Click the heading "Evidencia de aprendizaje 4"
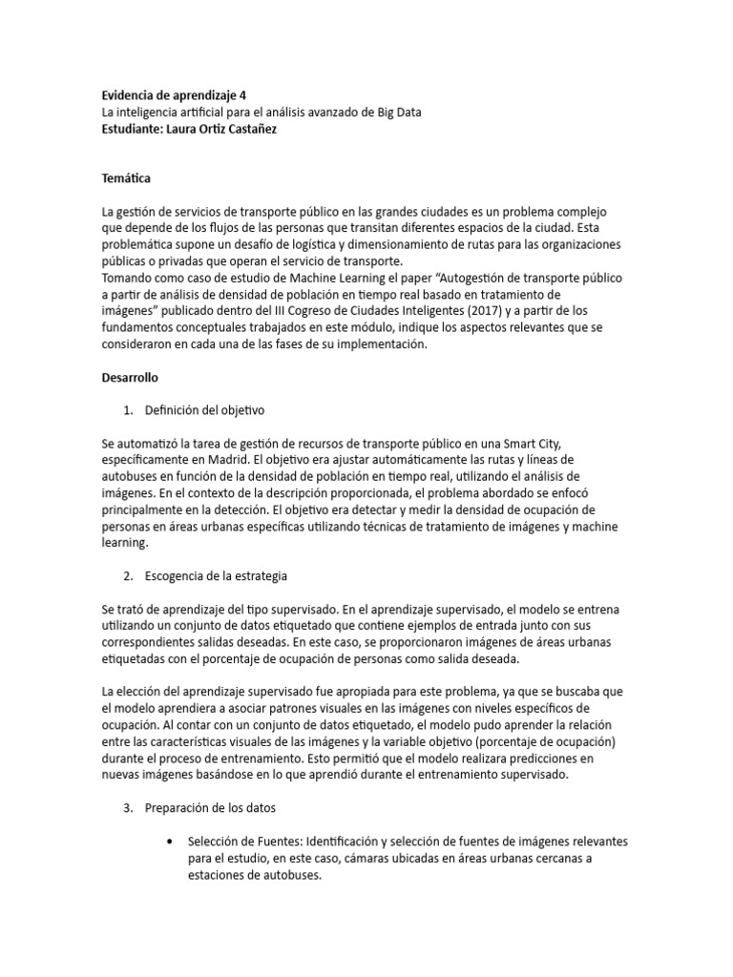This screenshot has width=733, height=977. [x=173, y=96]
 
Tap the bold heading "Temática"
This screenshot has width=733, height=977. [x=125, y=178]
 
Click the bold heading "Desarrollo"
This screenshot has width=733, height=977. [x=130, y=378]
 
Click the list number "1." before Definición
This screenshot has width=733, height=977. [x=129, y=410]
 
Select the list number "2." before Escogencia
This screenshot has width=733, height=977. [x=129, y=576]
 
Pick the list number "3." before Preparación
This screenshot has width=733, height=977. [x=129, y=808]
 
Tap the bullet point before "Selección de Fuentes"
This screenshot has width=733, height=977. [x=169, y=842]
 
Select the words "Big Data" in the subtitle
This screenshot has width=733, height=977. [x=396, y=113]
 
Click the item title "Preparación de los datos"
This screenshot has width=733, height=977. [x=210, y=808]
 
